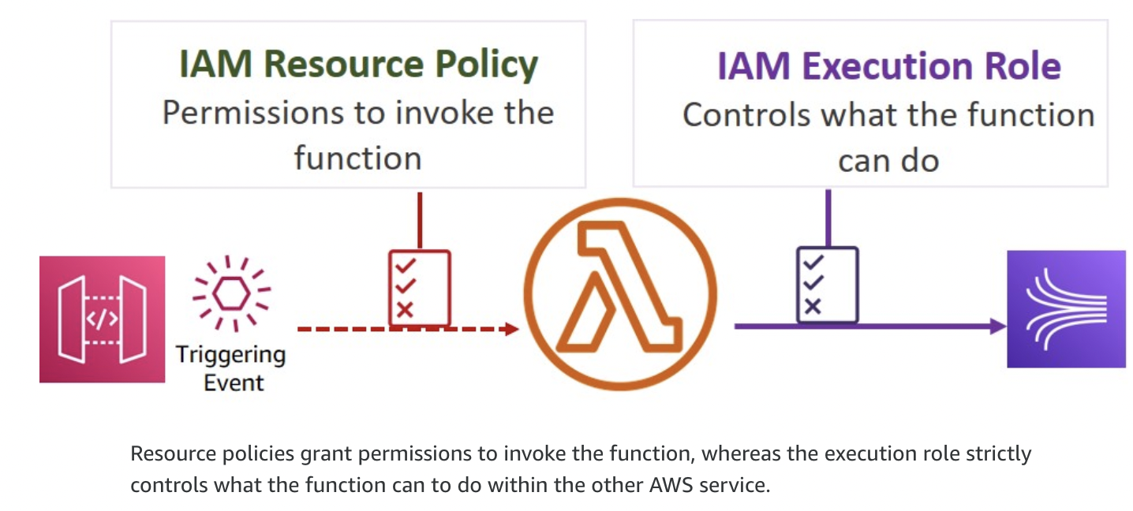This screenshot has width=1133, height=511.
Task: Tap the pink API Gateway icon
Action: click(x=103, y=319)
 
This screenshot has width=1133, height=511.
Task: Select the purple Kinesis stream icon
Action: click(x=1066, y=309)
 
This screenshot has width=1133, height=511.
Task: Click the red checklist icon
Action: click(x=419, y=288)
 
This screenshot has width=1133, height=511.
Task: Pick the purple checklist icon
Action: click(x=827, y=285)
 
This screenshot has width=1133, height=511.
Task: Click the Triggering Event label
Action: click(x=231, y=368)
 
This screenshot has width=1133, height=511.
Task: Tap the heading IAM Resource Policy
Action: click(x=358, y=64)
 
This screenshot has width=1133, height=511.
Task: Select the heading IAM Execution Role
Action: click(x=888, y=66)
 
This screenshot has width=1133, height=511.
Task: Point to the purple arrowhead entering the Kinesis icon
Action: click(x=998, y=326)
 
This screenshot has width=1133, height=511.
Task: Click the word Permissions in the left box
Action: click(x=248, y=113)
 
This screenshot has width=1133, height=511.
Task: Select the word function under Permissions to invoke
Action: click(x=357, y=158)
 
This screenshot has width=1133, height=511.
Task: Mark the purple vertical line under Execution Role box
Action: click(x=827, y=218)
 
